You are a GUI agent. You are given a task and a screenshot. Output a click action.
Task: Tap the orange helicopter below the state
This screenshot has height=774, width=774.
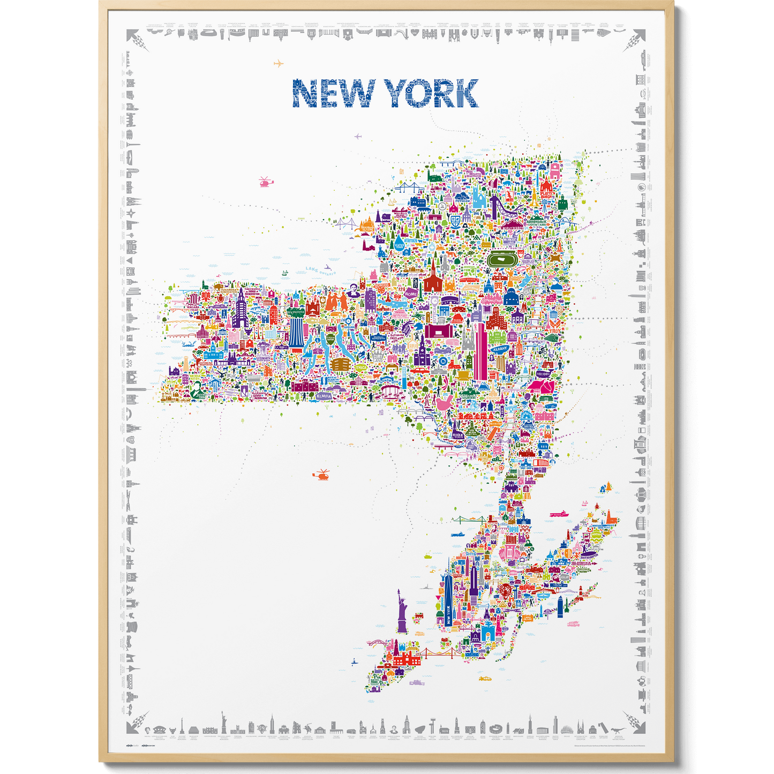click(321, 475)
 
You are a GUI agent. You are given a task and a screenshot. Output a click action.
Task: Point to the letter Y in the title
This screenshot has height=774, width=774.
click(397, 94)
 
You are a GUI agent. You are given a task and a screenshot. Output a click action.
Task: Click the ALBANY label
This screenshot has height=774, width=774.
click(500, 349)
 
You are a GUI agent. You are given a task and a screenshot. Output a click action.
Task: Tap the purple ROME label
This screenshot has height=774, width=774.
click(411, 294)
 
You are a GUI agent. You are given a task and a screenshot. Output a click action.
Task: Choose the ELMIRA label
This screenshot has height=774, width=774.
click(324, 395)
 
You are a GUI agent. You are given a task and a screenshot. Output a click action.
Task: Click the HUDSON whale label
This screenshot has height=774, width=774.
click(543, 374)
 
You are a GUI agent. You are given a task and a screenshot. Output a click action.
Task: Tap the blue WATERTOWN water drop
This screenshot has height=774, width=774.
click(400, 244)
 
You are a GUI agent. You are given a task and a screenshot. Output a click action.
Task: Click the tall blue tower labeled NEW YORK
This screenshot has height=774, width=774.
click(448, 603)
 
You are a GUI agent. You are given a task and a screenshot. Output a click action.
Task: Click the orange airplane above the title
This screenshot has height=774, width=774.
click(278, 64)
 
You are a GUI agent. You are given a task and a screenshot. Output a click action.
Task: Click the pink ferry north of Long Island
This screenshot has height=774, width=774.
click(557, 514)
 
